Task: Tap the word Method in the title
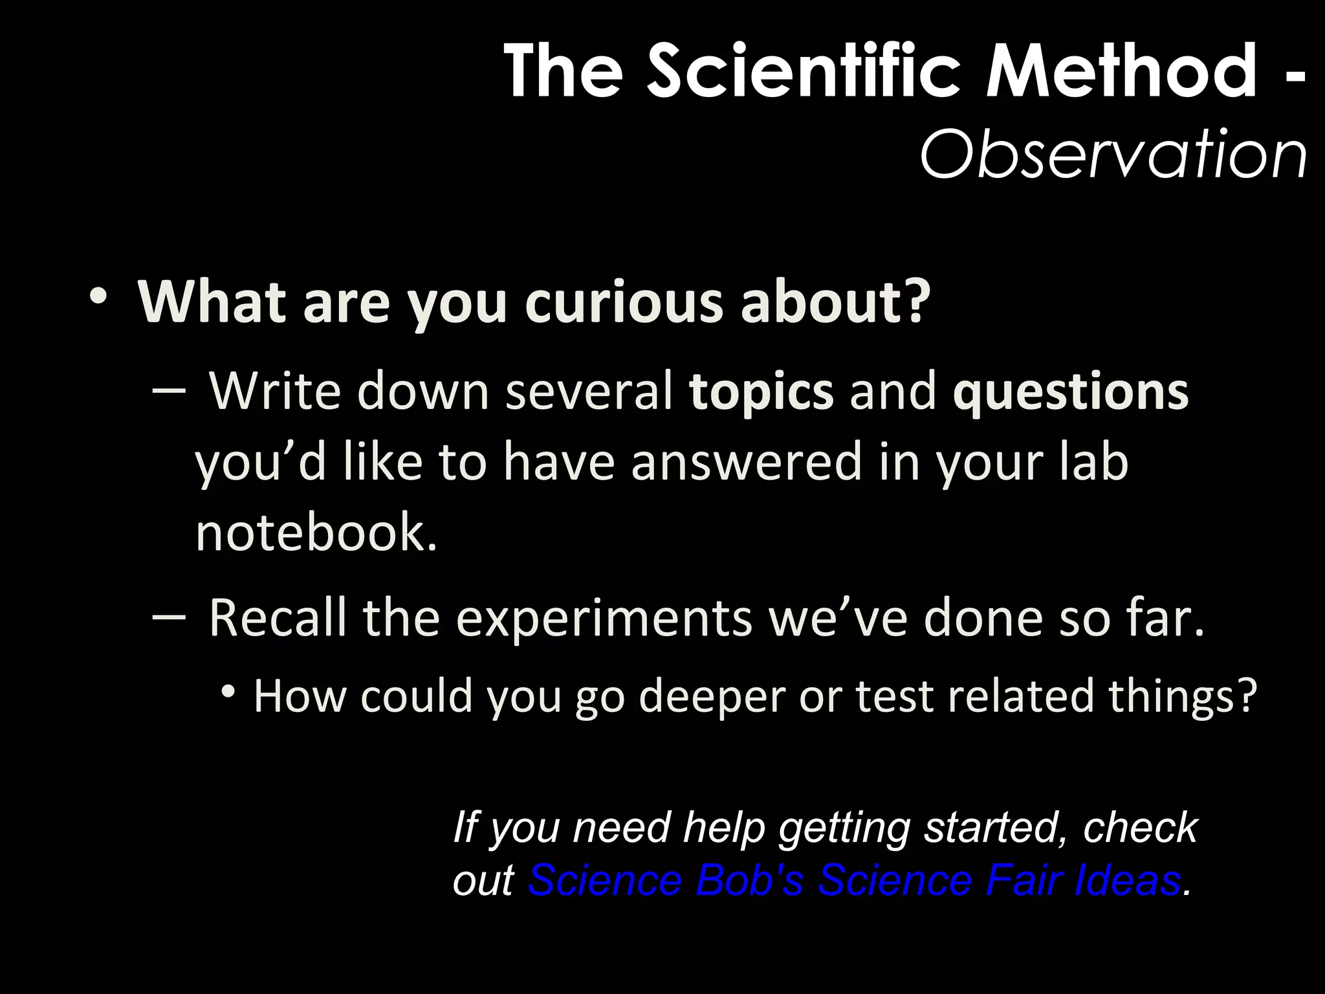1120,71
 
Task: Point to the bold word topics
761,392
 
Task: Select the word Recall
278,618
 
